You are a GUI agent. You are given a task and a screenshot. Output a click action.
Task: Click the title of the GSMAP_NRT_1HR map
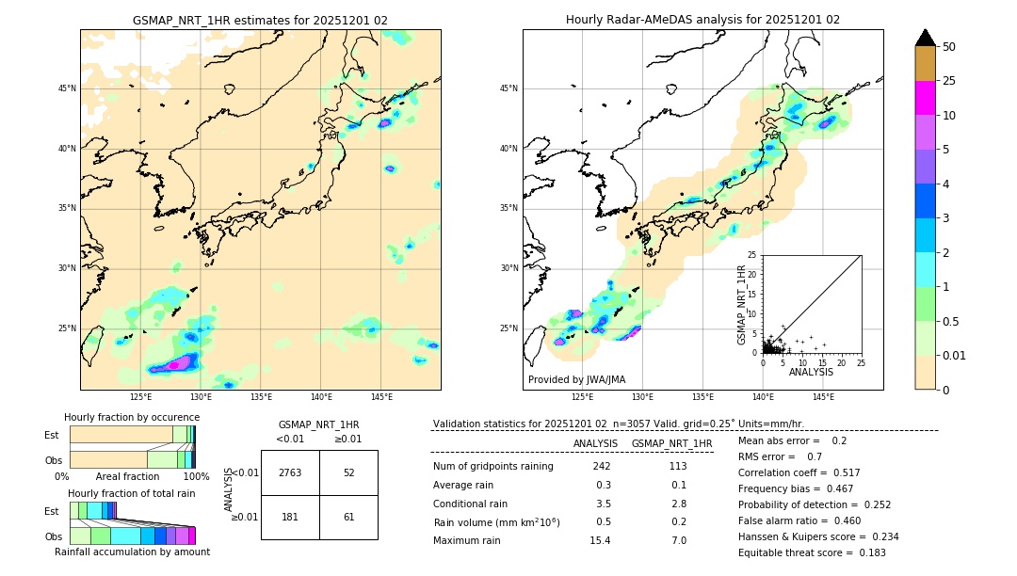pos(260,20)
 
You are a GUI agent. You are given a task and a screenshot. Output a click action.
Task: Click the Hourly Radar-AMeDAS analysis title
pos(702,20)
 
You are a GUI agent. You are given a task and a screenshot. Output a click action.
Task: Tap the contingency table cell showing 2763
pos(290,472)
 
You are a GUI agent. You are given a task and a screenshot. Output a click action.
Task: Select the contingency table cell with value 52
pos(348,472)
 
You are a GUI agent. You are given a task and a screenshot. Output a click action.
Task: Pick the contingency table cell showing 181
pos(290,517)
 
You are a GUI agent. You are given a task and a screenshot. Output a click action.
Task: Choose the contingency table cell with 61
pos(348,517)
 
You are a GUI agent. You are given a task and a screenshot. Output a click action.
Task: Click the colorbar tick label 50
pos(949,46)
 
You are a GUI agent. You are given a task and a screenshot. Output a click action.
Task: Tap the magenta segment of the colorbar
pos(926,98)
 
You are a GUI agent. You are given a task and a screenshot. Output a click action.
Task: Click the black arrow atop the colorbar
pos(926,38)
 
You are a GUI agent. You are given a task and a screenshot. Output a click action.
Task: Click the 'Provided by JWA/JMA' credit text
pos(576,380)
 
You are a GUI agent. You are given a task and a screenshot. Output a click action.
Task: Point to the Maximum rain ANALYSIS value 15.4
pos(600,540)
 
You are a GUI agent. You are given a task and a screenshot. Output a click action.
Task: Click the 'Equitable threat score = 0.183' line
pos(812,552)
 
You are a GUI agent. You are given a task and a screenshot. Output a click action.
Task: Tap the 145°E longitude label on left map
pos(381,398)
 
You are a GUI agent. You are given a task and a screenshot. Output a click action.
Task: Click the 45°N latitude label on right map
pos(508,88)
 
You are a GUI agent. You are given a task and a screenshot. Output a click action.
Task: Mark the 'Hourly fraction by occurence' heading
pos(132,417)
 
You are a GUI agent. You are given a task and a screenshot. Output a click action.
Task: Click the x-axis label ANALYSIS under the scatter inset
pos(811,373)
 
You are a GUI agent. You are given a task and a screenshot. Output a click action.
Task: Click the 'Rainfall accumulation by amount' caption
pos(132,552)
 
